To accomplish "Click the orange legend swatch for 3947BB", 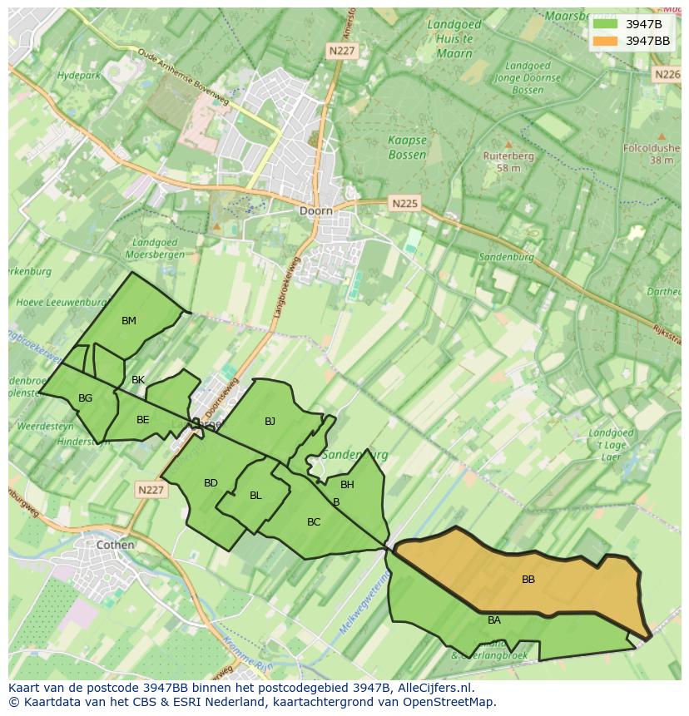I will point(605,41).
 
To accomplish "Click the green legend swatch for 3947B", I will point(605,24).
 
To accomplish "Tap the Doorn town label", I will point(316,211).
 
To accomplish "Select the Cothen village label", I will point(115,546).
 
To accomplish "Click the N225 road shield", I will point(405,203).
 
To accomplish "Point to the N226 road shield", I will point(667,75).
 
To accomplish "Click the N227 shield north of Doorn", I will point(341,52).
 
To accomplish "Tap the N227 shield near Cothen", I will point(151,491).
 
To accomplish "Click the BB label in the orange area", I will point(528,580).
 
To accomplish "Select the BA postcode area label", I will point(494,620).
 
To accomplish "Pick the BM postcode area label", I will point(128,321).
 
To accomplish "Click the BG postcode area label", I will point(85,398).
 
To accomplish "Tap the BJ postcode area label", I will point(270,422).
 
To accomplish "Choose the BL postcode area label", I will point(255,496).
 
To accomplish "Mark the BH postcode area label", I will point(347,485).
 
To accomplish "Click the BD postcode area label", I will point(211,483).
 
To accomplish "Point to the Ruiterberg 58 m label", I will point(508,161).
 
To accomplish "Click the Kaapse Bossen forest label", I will point(407,148).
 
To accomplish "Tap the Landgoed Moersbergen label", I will point(153,249).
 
